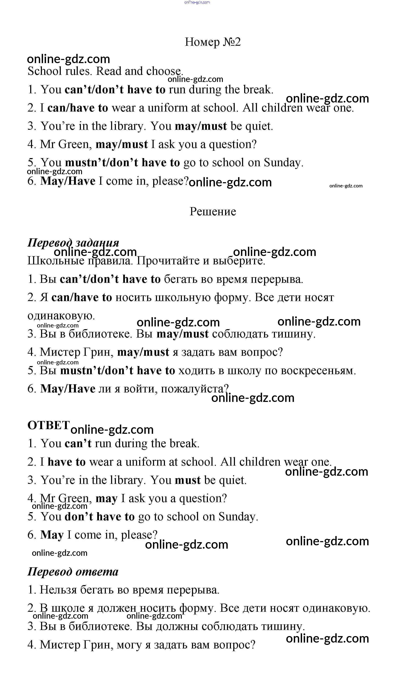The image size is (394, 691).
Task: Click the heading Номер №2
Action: pos(213,42)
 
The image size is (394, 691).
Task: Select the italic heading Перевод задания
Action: pos(73,243)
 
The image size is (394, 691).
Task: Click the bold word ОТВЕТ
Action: pos(49,425)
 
